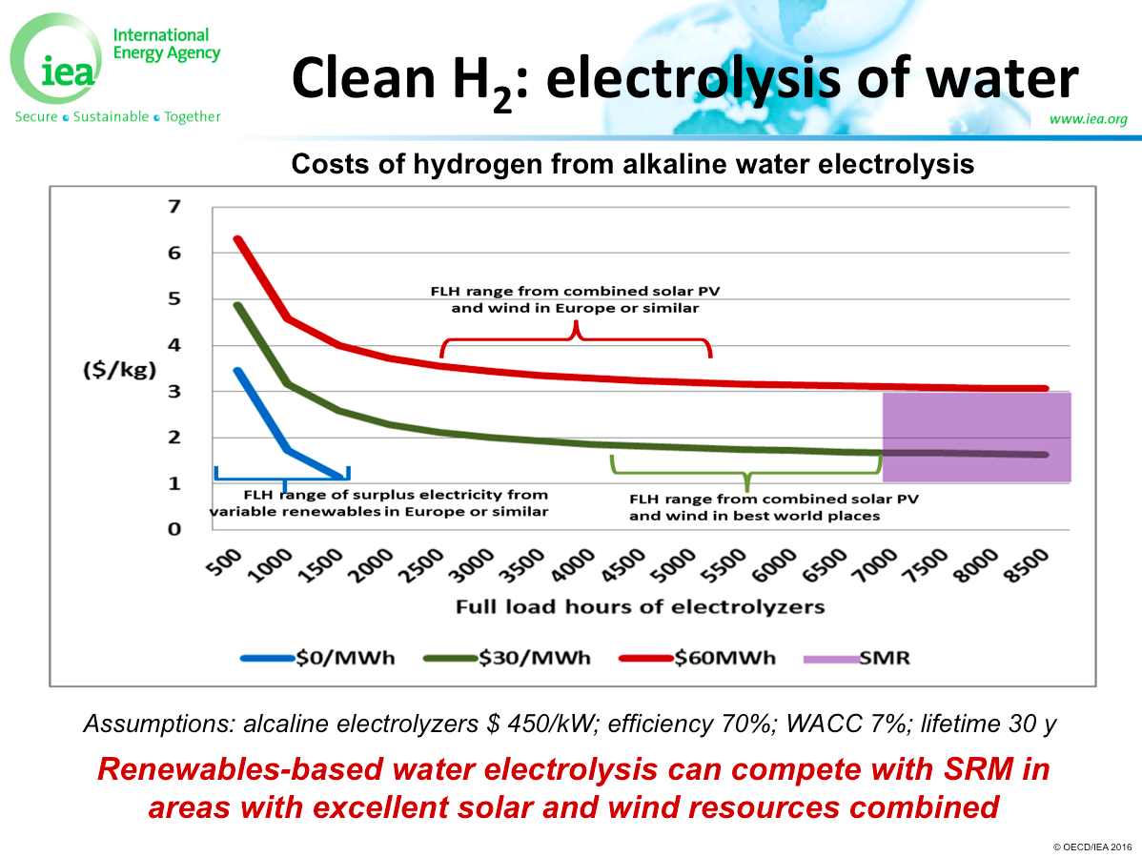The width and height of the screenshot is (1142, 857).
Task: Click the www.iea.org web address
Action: (x=1088, y=119)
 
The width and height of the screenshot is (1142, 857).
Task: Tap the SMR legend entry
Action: (x=857, y=657)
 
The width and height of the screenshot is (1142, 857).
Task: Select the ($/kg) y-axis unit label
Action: (x=117, y=370)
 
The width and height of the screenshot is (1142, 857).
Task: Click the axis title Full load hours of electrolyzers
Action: (x=640, y=606)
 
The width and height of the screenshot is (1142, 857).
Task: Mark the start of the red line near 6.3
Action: (x=237, y=239)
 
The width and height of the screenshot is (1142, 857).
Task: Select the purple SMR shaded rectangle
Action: (x=976, y=436)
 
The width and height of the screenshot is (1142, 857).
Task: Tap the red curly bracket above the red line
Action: (x=576, y=338)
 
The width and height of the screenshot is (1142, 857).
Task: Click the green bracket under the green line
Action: (x=746, y=472)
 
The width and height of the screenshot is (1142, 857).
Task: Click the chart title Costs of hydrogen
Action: (x=632, y=164)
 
